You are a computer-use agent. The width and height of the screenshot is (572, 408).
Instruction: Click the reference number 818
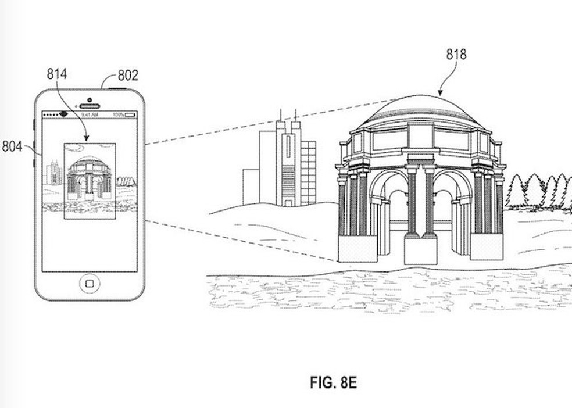click(456, 55)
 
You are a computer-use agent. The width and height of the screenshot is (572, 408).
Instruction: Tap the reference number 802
click(128, 76)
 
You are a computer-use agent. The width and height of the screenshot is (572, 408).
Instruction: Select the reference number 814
click(57, 74)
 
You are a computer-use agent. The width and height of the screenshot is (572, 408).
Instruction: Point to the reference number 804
click(12, 146)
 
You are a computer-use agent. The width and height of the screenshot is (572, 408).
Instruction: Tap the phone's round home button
click(90, 283)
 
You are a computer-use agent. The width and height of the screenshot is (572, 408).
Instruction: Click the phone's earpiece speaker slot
click(90, 106)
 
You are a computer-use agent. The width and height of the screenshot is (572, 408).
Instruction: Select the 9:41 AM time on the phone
click(89, 114)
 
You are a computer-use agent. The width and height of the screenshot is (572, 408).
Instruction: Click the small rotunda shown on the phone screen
click(89, 177)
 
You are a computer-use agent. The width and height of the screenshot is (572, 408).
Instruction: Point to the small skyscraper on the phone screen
click(54, 173)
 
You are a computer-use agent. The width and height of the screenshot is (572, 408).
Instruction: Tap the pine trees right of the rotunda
click(538, 192)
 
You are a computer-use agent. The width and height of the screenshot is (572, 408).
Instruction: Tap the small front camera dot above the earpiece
click(90, 99)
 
